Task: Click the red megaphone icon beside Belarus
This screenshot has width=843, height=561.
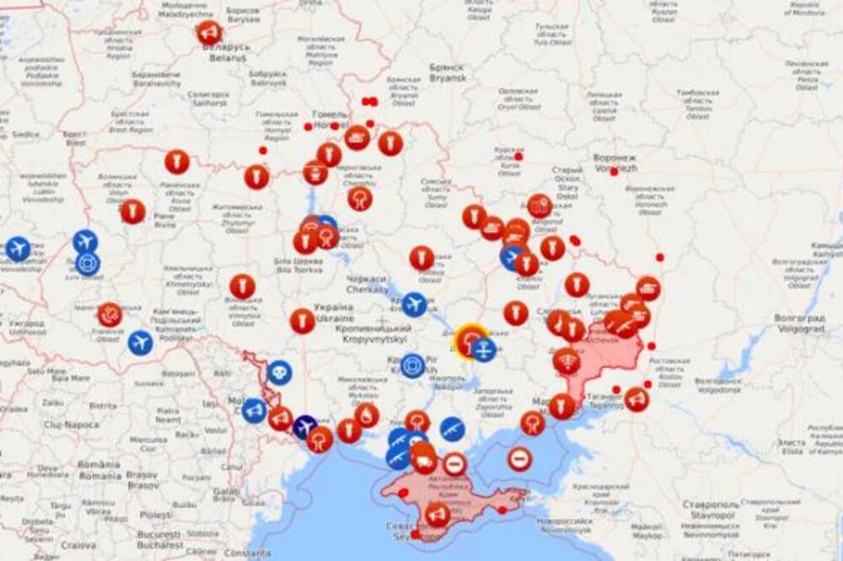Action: (x=209, y=33)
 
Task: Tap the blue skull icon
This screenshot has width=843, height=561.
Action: (x=279, y=371)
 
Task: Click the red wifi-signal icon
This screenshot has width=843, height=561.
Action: (x=566, y=361)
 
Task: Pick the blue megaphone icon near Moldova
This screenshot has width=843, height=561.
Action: (x=254, y=410)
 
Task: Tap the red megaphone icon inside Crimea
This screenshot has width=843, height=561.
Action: (x=437, y=514)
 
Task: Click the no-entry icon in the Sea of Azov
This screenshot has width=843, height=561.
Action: (x=519, y=459)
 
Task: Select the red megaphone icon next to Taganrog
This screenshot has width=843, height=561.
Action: (x=636, y=398)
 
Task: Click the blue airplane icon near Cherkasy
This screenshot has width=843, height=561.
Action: (x=413, y=304)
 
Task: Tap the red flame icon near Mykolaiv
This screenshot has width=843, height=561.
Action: (x=367, y=415)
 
